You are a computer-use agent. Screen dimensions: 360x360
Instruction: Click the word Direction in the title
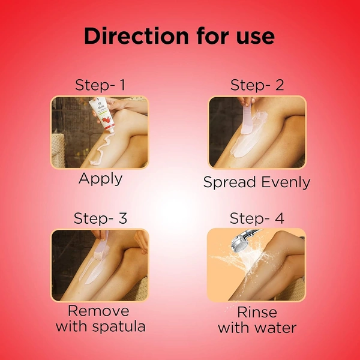[136, 36]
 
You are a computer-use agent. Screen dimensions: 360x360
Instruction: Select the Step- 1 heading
[100, 85]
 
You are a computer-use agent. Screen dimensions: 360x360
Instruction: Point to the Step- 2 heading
[257, 85]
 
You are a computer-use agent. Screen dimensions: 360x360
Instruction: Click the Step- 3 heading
[100, 218]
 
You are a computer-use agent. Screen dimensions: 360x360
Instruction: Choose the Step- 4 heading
[257, 218]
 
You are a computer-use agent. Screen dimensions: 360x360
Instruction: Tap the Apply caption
[100, 179]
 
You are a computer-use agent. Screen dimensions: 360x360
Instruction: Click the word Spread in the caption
[230, 183]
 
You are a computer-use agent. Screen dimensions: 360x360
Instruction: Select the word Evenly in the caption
[286, 182]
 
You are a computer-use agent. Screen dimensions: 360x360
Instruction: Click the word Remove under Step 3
[98, 311]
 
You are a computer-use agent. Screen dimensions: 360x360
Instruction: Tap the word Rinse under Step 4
[257, 313]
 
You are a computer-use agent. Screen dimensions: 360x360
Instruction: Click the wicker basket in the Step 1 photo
[58, 151]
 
